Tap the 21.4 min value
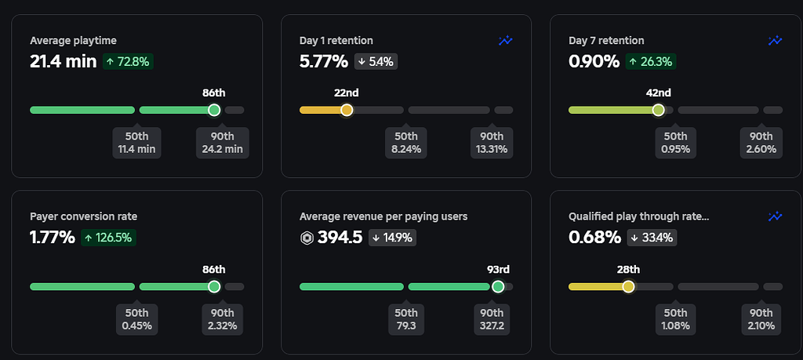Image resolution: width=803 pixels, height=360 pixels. [x=63, y=61]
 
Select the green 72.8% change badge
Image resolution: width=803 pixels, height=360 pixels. [x=127, y=61]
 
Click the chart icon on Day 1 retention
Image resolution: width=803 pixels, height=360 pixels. [x=506, y=41]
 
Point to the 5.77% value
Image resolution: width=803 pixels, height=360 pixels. [x=324, y=61]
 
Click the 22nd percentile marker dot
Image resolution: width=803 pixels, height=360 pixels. [x=347, y=110]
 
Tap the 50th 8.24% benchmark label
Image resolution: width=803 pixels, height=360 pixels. [x=406, y=142]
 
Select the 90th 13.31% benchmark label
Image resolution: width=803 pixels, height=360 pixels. [x=492, y=142]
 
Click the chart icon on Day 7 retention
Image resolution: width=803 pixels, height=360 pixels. [x=775, y=41]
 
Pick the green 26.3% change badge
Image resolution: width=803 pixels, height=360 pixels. [x=650, y=61]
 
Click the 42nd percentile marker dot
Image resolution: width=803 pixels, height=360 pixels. [x=658, y=110]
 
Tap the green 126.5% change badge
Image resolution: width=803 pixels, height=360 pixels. [x=108, y=237]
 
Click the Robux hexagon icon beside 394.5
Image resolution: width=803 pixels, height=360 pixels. [x=307, y=238]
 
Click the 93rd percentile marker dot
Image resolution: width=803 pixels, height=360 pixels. [x=497, y=286]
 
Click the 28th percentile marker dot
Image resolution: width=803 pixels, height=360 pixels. [x=628, y=286]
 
